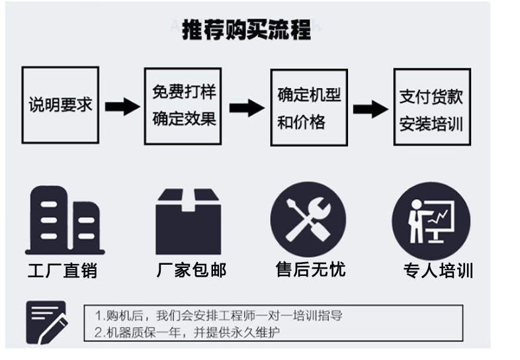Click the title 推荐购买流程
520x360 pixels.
tap(246, 30)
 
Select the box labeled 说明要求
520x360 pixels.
tap(60, 105)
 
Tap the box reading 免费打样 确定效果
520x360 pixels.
tap(184, 105)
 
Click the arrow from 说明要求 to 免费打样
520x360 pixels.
tap(122, 106)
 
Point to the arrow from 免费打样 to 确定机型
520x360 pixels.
tap(246, 107)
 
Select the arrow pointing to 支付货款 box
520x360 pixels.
tap(370, 109)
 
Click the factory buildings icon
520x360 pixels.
tap(64, 221)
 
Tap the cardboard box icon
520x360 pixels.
tap(188, 221)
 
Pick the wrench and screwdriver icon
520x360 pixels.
tap(308, 220)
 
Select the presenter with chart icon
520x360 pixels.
tap(431, 222)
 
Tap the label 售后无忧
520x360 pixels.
tap(310, 269)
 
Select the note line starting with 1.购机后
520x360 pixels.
tap(218, 316)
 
